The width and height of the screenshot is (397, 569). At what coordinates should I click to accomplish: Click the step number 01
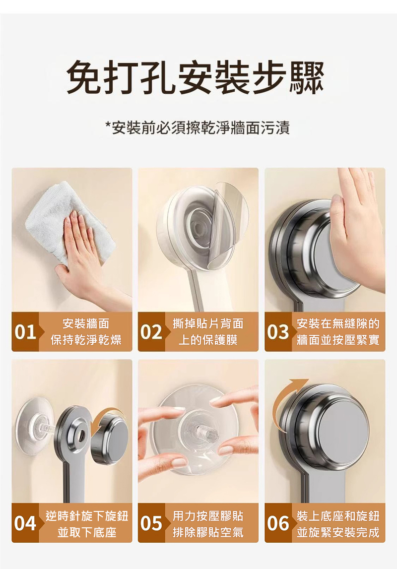pyautogui.click(x=25, y=332)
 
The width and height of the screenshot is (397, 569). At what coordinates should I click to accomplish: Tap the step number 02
pyautogui.click(x=151, y=332)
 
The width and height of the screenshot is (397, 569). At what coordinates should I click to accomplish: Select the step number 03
pyautogui.click(x=277, y=332)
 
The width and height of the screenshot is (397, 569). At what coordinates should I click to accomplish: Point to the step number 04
pyautogui.click(x=25, y=523)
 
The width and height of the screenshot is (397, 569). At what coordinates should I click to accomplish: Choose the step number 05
pyautogui.click(x=151, y=523)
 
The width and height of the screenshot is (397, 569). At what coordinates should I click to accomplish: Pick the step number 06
pyautogui.click(x=277, y=523)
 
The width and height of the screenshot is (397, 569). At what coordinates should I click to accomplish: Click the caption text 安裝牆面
pyautogui.click(x=86, y=323)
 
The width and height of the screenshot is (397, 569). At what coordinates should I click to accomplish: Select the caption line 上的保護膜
pyautogui.click(x=207, y=340)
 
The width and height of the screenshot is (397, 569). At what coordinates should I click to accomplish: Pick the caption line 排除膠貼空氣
pyautogui.click(x=207, y=532)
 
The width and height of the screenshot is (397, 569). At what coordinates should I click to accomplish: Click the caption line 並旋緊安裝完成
pyautogui.click(x=338, y=532)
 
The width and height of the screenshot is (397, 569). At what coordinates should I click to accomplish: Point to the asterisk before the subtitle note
pyautogui.click(x=108, y=125)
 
